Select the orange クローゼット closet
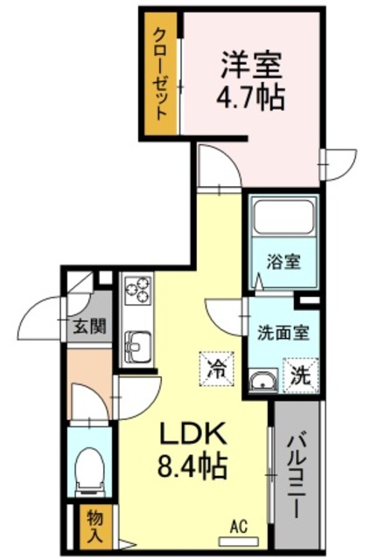click(x=162, y=74)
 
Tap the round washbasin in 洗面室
click(x=263, y=380)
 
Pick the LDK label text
click(x=192, y=433)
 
